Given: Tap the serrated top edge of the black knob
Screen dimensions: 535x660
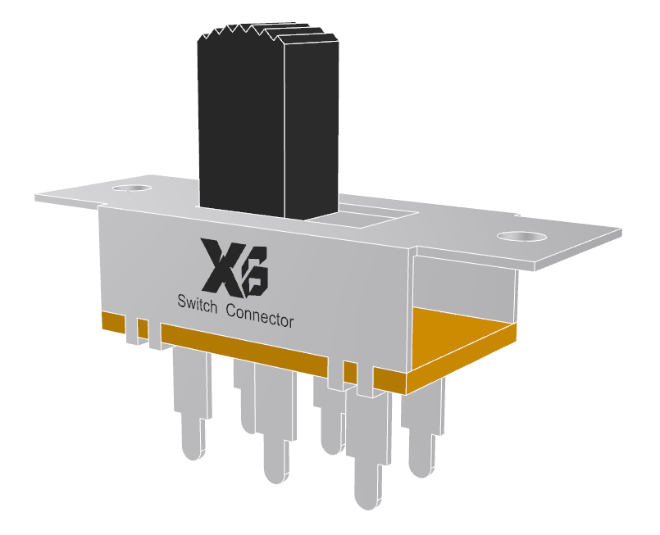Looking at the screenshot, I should click(266, 34).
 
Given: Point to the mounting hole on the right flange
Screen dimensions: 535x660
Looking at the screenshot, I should click(521, 237).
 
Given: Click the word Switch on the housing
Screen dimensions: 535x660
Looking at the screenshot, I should click(198, 304).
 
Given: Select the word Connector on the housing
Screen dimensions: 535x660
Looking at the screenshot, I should click(259, 316).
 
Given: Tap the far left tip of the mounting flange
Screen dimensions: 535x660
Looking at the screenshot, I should click(38, 197).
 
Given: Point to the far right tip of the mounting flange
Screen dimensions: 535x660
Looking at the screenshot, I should click(619, 233).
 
